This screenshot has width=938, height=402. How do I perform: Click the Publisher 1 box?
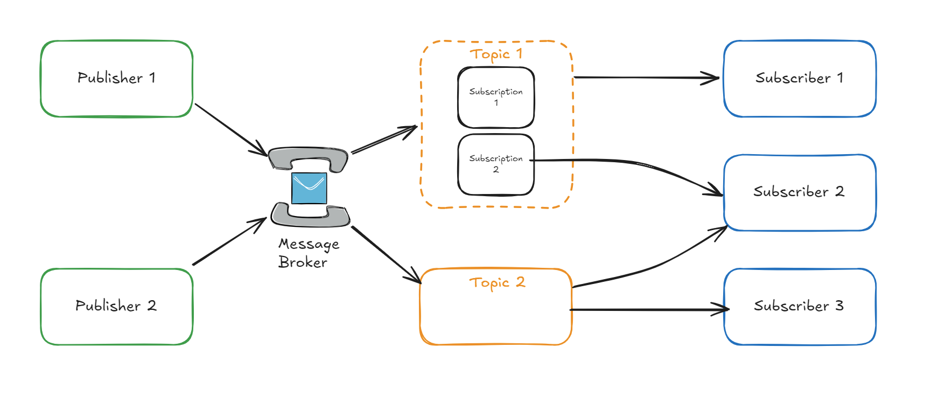click(116, 79)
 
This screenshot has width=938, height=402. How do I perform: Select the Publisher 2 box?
click(116, 307)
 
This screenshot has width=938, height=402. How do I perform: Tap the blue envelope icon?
click(309, 188)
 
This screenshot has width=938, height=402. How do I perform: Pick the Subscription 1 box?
click(495, 98)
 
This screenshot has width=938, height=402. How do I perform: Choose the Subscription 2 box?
click(495, 164)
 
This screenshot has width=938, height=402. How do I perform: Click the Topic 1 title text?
click(495, 54)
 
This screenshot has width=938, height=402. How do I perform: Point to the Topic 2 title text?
click(496, 283)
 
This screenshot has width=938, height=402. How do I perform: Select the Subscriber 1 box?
click(799, 79)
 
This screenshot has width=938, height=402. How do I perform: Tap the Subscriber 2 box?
click(799, 192)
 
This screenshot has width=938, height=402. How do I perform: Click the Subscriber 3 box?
click(799, 307)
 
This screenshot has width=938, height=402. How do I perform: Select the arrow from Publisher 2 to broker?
click(229, 241)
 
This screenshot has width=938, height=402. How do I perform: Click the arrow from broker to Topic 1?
click(383, 140)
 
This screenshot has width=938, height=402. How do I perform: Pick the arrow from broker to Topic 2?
click(385, 254)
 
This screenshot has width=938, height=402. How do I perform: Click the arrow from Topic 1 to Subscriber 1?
click(646, 78)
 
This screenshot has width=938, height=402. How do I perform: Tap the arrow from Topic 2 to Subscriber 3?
click(646, 310)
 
